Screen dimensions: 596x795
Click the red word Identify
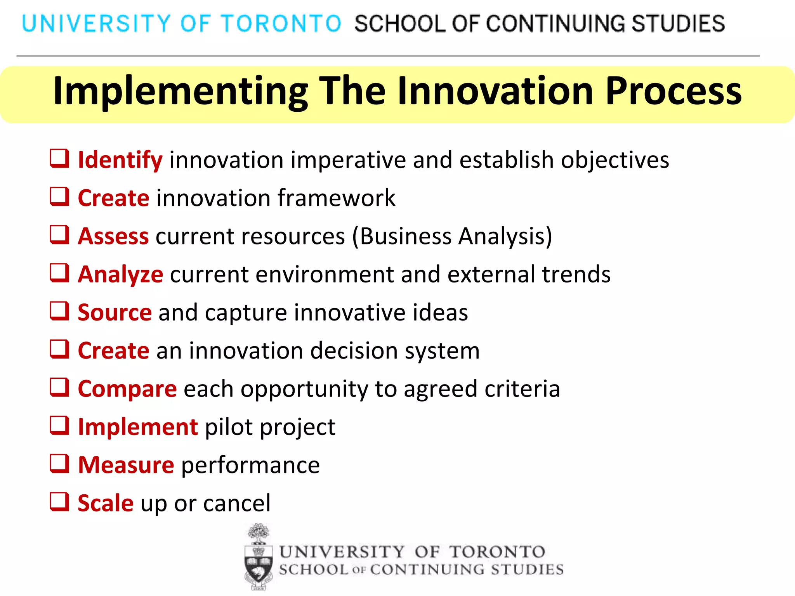(120, 160)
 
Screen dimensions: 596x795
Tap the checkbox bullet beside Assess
(60, 235)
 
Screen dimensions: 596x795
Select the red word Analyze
(120, 275)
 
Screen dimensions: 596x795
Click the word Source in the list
(115, 313)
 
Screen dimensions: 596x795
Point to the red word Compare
(127, 389)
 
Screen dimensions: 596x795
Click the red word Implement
(138, 427)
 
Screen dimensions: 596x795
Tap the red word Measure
(126, 465)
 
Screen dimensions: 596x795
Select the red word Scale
(106, 503)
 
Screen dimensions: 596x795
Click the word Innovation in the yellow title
(495, 91)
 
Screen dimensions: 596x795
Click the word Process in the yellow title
(673, 91)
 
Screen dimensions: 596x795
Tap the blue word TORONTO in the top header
(281, 23)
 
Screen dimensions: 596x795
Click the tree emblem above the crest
(259, 533)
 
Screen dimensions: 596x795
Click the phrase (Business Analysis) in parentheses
(452, 236)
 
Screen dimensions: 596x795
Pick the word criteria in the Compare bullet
(522, 389)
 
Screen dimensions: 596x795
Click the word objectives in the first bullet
(615, 160)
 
